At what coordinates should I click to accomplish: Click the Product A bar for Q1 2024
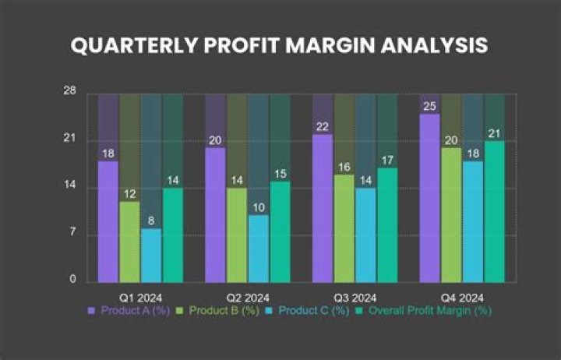108,221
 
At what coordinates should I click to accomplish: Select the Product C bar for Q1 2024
151,255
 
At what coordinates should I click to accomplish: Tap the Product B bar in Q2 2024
237,235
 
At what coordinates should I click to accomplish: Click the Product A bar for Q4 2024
429,198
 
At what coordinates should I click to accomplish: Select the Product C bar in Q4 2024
473,221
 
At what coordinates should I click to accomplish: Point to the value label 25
429,106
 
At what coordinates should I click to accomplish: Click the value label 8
151,221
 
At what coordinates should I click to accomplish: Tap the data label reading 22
323,126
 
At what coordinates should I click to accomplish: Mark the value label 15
280,174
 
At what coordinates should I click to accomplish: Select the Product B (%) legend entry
217,310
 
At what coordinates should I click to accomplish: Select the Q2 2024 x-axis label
248,298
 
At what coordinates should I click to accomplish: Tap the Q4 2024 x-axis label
462,298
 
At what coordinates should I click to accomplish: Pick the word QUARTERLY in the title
124,45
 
